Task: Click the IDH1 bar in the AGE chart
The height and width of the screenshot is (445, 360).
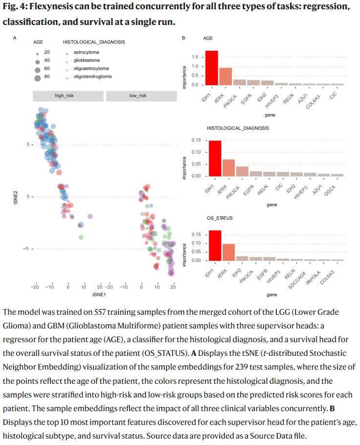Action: tap(211, 68)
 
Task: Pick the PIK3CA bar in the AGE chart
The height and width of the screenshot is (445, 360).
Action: tap(239, 82)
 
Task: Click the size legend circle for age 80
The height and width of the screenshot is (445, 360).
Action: tap(38, 77)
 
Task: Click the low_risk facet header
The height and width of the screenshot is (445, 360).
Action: tap(138, 95)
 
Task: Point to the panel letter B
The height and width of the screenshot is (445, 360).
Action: tap(183, 38)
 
